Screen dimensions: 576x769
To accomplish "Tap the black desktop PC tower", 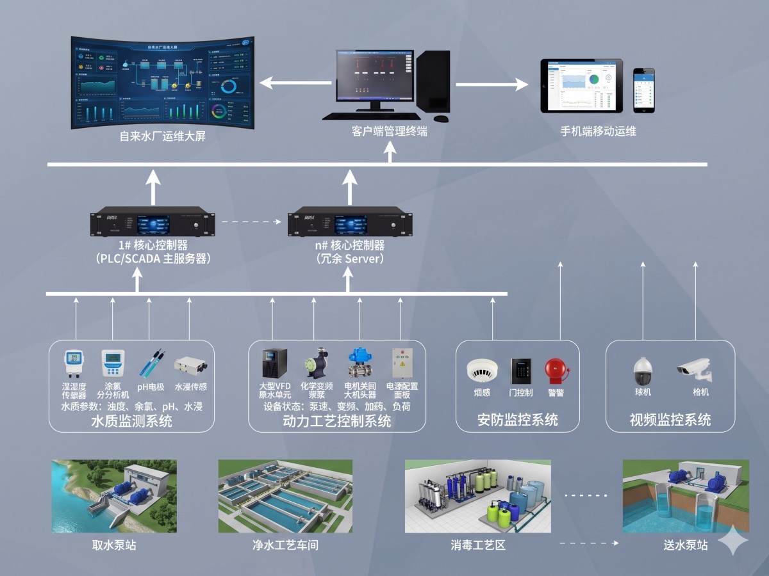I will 433,81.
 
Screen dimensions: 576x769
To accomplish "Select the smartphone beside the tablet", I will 644,90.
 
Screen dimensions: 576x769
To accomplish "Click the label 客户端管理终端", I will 389,132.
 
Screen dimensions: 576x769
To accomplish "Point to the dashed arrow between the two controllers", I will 252,223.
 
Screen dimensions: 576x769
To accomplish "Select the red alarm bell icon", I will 554,371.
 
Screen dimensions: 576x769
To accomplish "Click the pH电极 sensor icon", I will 151,364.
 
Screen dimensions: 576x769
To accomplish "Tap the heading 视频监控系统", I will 670,420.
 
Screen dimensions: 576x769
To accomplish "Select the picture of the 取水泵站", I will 114,496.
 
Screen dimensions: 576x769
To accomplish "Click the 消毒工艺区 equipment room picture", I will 477,496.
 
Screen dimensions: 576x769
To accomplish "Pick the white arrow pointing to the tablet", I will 491,84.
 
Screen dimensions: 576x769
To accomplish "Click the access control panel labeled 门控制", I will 520,371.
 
